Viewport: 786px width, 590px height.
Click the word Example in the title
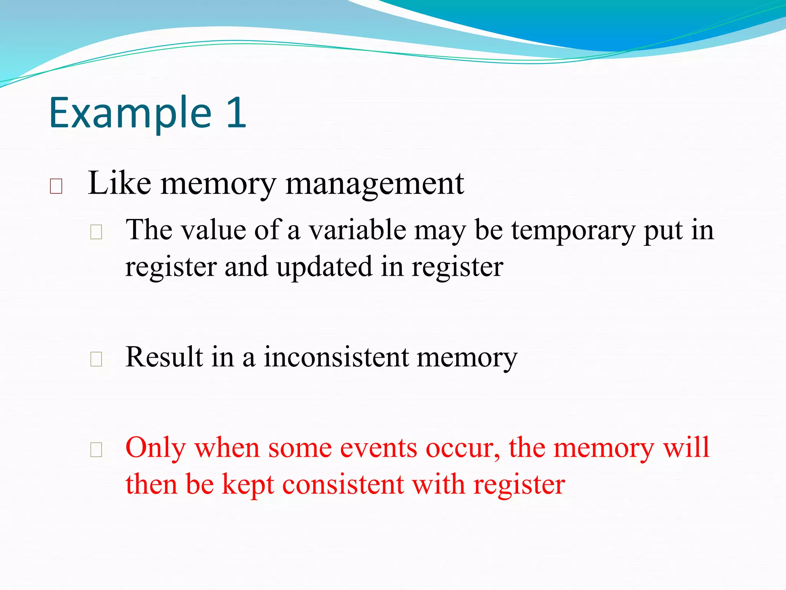coord(130,113)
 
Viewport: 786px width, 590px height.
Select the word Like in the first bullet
coord(119,184)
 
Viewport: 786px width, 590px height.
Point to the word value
coord(213,230)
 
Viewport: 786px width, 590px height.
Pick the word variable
coord(357,230)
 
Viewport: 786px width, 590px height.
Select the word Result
coord(164,357)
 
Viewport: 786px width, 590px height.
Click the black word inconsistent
coord(336,357)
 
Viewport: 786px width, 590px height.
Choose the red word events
coord(378,448)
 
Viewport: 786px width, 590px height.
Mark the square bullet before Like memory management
coord(56,186)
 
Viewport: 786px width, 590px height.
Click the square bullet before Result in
coord(96,359)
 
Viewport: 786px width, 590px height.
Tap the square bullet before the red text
coord(96,450)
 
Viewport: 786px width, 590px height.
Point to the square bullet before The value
coord(96,232)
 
